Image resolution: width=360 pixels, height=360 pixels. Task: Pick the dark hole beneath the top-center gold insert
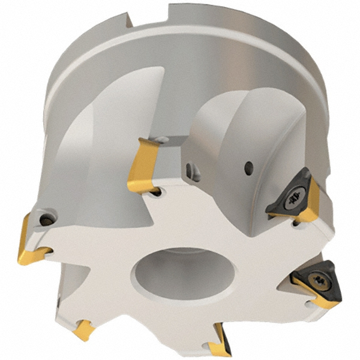click(155, 191)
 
